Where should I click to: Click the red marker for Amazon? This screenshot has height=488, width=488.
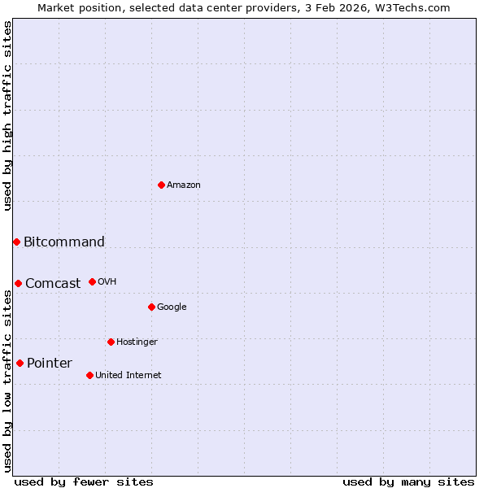click(x=161, y=185)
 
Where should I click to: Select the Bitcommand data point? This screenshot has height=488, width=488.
click(x=16, y=242)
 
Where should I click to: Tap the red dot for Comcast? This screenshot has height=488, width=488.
click(x=18, y=283)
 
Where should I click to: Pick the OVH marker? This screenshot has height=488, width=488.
click(x=92, y=281)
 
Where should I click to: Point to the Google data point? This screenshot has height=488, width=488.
click(x=151, y=307)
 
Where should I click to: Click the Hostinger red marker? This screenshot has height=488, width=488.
click(x=111, y=342)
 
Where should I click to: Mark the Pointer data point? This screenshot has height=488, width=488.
click(x=20, y=363)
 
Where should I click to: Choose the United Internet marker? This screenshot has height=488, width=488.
click(x=89, y=375)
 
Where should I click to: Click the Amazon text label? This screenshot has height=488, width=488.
click(x=184, y=185)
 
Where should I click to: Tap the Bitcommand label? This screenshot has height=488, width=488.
click(x=64, y=242)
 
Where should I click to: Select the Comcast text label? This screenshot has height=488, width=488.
click(x=53, y=284)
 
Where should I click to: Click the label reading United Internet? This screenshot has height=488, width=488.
click(x=129, y=375)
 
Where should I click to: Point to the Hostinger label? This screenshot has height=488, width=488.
click(x=137, y=342)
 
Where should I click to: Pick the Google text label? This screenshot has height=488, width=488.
click(x=172, y=307)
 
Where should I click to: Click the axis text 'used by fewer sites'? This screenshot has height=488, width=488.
click(x=84, y=481)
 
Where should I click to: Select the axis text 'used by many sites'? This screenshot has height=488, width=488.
click(x=408, y=481)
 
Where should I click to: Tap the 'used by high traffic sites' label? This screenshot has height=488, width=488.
click(x=7, y=115)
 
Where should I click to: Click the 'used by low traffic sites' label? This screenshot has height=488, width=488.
click(x=7, y=381)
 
